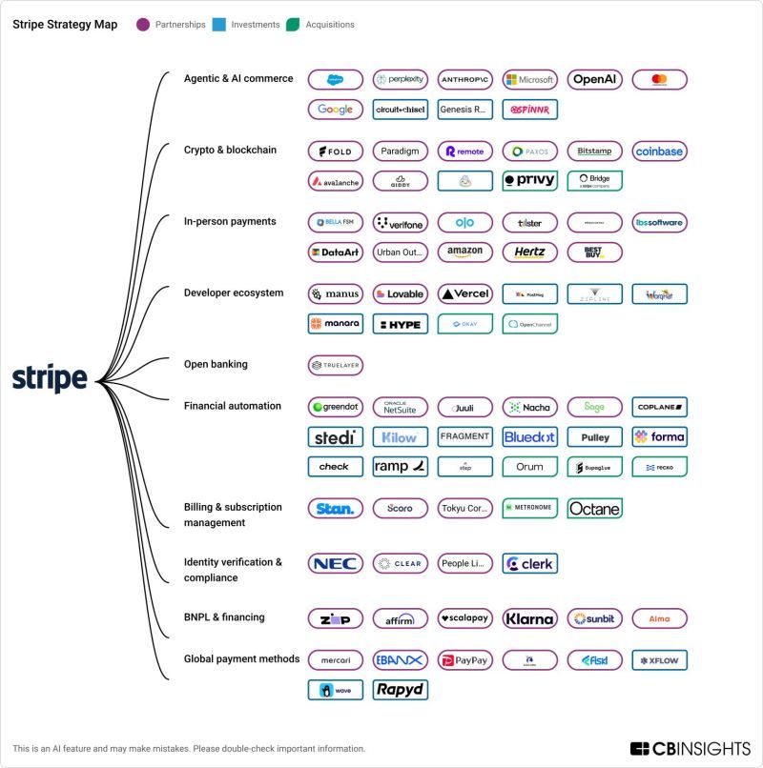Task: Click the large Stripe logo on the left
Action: tap(50, 378)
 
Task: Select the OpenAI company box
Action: tap(594, 80)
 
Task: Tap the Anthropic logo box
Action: tap(464, 80)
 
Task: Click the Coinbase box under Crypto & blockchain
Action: tap(659, 152)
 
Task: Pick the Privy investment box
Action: tap(529, 180)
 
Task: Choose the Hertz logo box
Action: tap(529, 253)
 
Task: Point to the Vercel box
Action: tap(464, 294)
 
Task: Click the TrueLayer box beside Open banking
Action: tap(335, 365)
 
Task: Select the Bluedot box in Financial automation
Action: tap(529, 437)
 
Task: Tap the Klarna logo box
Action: tap(529, 618)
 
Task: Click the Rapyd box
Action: tap(400, 689)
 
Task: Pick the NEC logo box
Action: tap(335, 563)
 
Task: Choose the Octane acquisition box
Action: tap(594, 509)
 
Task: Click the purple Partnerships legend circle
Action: tap(143, 25)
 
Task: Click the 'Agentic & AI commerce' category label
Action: tap(238, 78)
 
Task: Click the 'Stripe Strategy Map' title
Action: tap(65, 25)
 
